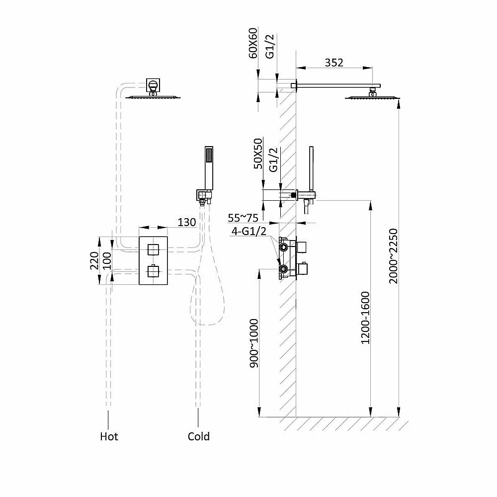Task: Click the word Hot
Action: pos(109,436)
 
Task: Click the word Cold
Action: pos(199,436)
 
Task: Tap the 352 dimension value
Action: pos(334,62)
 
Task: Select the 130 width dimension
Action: pos(187,222)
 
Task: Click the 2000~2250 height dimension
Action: pos(393,256)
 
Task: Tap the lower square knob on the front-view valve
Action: pos(153,271)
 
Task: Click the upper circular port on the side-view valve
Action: pos(284,246)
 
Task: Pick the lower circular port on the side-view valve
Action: pos(284,270)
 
